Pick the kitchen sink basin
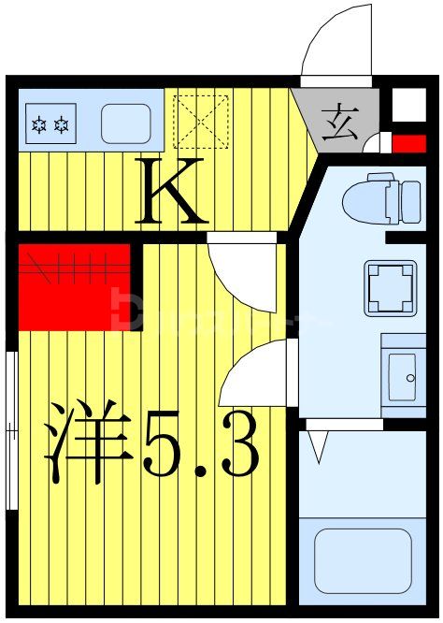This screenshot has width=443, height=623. pyautogui.click(x=124, y=123)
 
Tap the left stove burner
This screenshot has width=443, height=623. pyautogui.click(x=40, y=123)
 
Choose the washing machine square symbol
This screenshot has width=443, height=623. pyautogui.click(x=390, y=287)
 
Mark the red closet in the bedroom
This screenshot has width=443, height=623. pyautogui.click(x=73, y=285)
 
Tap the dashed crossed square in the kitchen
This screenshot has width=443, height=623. pyautogui.click(x=203, y=121)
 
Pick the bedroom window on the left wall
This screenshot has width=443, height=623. pyautogui.click(x=11, y=430)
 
